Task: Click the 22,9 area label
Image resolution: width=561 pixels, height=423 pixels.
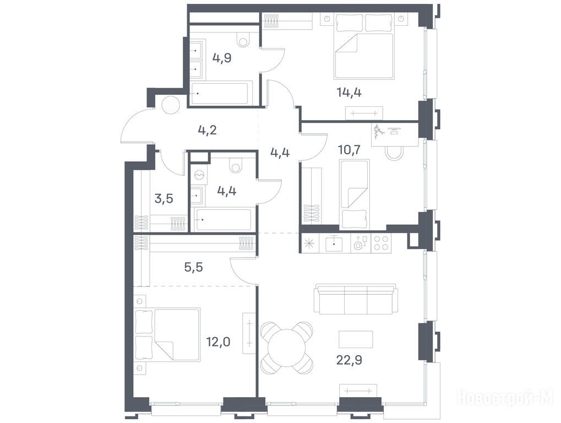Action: point(349,360)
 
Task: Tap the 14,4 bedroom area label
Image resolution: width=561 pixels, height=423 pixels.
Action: point(349,93)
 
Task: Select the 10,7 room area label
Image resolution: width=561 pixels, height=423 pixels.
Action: point(349,150)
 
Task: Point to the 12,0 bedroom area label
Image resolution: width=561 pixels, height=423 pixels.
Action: point(218,342)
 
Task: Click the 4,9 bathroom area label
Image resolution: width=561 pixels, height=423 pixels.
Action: point(222,58)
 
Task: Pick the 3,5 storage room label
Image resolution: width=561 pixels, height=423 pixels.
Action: point(164,198)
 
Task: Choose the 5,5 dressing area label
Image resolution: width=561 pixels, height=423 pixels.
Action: point(194,267)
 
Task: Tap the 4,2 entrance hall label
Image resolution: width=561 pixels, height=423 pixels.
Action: point(208,129)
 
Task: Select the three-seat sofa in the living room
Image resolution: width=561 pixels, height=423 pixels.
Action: point(355,299)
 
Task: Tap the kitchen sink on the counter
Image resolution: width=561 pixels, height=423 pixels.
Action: point(334,243)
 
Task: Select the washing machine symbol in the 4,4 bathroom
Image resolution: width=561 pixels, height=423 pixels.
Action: point(199,175)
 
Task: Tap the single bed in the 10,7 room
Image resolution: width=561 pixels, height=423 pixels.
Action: point(354,194)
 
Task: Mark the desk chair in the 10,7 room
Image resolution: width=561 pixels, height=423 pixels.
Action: point(395,154)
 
